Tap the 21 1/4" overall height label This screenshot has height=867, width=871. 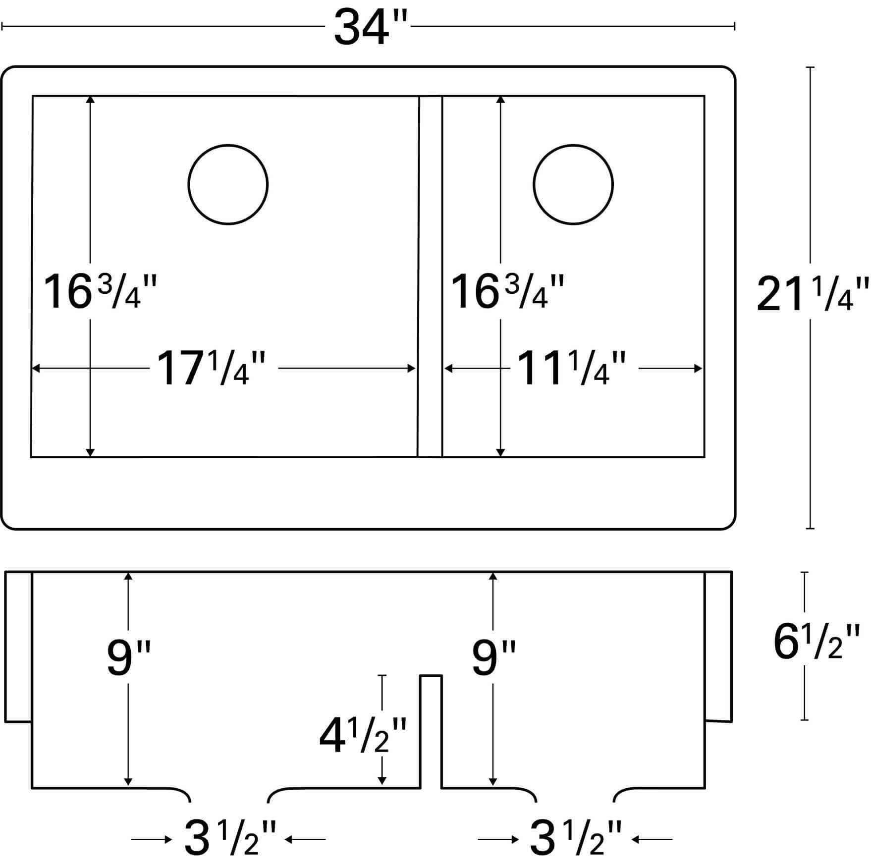[813, 296]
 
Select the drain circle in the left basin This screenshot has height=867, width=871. [228, 184]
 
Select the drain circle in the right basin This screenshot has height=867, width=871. [573, 184]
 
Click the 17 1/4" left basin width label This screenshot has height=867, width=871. [211, 368]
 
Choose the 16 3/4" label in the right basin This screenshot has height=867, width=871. [507, 292]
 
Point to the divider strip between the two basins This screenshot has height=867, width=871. [430, 276]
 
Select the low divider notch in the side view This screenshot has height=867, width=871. [431, 731]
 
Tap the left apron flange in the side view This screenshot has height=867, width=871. [18, 647]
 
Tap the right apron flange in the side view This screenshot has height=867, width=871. [718, 647]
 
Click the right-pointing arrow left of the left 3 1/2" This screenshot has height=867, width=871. [151, 839]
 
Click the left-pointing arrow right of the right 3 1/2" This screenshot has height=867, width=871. [653, 839]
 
